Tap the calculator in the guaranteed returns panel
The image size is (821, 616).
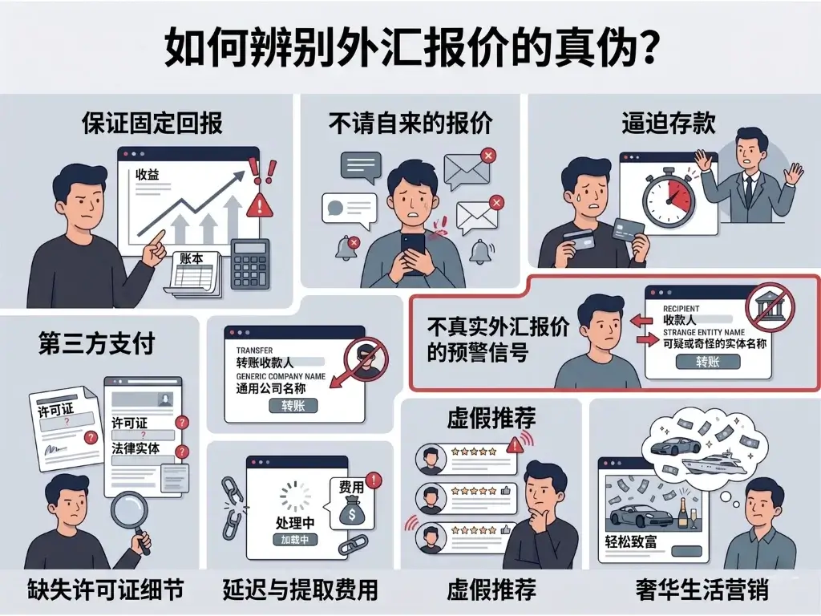point(250,264)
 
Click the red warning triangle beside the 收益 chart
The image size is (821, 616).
point(260,204)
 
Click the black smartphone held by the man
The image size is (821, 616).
point(413,249)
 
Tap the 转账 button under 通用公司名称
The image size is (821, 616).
point(293,406)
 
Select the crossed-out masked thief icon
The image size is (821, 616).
point(366,360)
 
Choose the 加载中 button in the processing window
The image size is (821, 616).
point(295,540)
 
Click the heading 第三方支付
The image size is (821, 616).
point(97,344)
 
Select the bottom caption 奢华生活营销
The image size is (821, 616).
point(702,590)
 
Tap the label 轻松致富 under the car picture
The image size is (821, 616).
point(631,541)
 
